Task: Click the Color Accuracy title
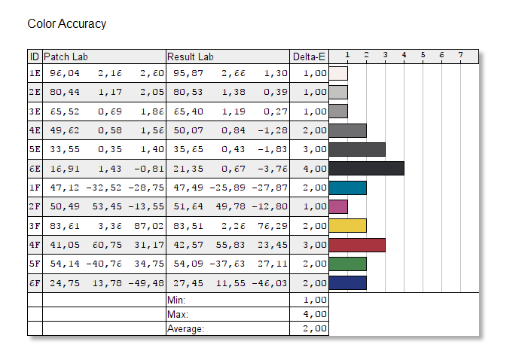(66, 24)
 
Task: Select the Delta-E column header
(309, 56)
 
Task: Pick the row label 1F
(35, 188)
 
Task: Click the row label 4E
(35, 130)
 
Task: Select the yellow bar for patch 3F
(348, 226)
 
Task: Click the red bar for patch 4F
(358, 245)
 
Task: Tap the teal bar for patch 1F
(348, 188)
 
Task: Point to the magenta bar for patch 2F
(339, 206)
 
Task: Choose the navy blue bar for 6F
(348, 283)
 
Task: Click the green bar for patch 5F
(348, 264)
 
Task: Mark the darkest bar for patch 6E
(367, 168)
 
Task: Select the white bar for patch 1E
(339, 73)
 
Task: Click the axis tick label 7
(460, 55)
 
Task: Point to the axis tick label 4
(404, 55)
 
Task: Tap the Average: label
(186, 328)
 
